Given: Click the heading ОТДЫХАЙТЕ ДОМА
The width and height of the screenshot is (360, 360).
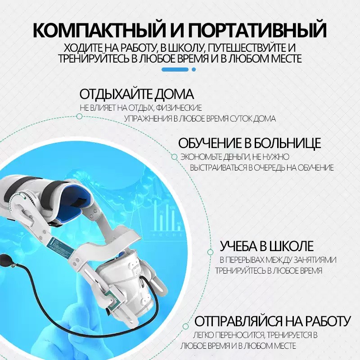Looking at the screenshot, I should pos(137,94).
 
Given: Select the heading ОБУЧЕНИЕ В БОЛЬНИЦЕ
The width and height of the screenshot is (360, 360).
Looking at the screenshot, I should pos(250,143).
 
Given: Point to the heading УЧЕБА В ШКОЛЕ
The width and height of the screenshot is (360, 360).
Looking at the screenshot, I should pos(267,246).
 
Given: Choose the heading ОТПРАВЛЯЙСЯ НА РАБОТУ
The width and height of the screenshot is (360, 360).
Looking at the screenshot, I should pos(272,322).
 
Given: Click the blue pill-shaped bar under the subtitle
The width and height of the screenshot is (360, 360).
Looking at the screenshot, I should pos(175,69).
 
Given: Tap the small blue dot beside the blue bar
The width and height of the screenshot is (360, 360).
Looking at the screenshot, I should pos(193,69).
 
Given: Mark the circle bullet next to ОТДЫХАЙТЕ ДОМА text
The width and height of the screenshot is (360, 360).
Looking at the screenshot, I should pos(79,116).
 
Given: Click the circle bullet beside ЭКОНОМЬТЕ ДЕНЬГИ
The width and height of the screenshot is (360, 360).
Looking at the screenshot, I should pos(174,157).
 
